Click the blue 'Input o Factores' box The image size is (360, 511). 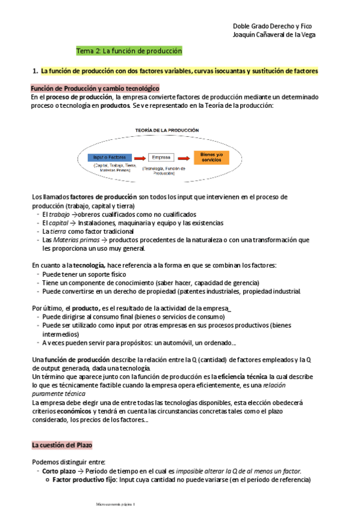click(x=110, y=157)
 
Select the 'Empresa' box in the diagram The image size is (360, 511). click(x=161, y=157)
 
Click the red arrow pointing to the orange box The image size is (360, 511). click(x=185, y=157)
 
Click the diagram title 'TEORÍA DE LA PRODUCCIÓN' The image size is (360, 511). click(x=166, y=130)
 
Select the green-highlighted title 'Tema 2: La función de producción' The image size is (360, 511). click(x=129, y=51)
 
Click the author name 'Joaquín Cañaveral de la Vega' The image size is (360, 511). click(x=274, y=34)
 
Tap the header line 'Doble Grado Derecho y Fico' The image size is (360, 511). click(x=273, y=26)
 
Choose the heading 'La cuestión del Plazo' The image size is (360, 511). click(x=61, y=445)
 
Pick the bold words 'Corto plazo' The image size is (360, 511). click(x=59, y=471)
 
